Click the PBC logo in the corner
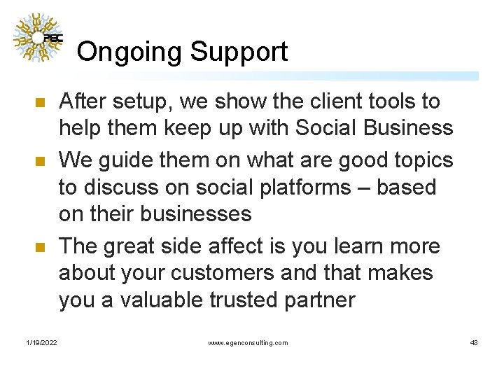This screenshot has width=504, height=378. (x=38, y=38)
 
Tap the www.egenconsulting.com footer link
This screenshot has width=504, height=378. (x=248, y=342)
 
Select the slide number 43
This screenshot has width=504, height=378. (x=474, y=342)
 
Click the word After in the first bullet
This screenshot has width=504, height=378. (x=83, y=102)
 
